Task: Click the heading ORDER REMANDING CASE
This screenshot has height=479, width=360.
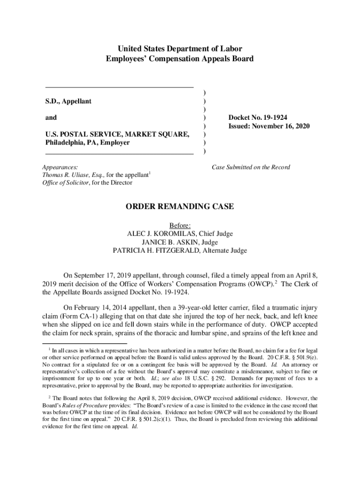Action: point(180,207)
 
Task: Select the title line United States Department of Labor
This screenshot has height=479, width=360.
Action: point(180,49)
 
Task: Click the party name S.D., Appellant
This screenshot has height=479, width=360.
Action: point(68,101)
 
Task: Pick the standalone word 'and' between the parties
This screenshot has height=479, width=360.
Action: point(51,118)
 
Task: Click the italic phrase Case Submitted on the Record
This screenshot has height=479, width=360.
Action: point(251,167)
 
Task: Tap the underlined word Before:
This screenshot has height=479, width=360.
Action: point(180,225)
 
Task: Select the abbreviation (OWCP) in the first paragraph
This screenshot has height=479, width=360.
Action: point(265,284)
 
